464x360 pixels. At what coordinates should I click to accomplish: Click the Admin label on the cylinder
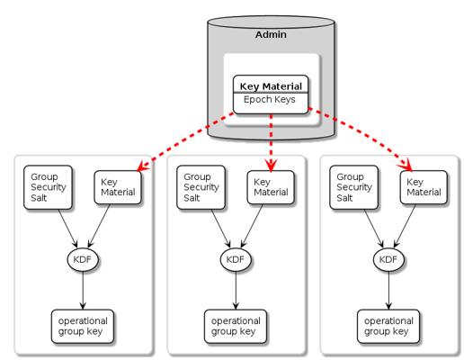pos(271,34)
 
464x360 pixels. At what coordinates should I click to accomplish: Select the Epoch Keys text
pos(269,99)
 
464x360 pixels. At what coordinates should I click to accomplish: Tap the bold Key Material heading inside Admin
pos(271,86)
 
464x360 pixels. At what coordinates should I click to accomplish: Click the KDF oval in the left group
pos(83,259)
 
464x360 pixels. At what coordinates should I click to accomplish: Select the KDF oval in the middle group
pos(236,259)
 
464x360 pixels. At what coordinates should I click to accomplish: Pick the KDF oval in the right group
pos(388,259)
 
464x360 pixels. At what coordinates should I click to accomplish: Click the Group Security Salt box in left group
pos(48,187)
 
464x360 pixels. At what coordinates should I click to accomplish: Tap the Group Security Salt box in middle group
pos(201,187)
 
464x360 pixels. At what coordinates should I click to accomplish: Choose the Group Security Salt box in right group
pos(353,187)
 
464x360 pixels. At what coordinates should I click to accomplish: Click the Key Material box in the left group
pos(118,187)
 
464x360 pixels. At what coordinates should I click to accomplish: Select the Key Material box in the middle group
pos(271,187)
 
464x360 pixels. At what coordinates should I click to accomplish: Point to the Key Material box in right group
pos(424,187)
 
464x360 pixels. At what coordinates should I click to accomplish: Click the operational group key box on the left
pos(83,327)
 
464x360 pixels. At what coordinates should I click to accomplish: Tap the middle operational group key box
pos(236,327)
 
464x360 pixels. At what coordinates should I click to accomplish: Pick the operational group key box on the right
pos(388,327)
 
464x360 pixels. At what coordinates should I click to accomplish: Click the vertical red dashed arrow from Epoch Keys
pos(271,142)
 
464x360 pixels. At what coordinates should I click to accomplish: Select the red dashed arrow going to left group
pos(185,142)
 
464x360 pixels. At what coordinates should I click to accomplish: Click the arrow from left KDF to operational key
pos(83,291)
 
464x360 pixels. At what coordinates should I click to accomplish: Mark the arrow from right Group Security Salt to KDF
pos(374,229)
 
